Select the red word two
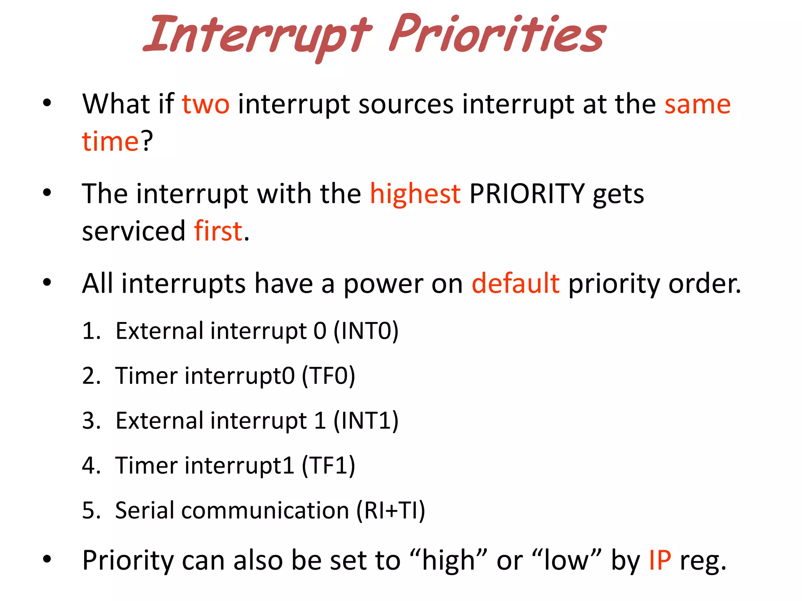coord(206,104)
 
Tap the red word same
coord(697,104)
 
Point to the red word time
coord(110,141)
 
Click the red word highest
coord(415,194)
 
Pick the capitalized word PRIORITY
coord(527,194)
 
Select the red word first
coord(218,231)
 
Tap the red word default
coord(515,284)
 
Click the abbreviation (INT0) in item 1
coord(366,331)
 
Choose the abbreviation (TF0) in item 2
coord(328,376)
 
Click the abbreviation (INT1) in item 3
coord(366,421)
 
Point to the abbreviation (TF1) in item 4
coord(328,466)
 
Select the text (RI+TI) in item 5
coord(390,511)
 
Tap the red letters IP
coord(660,560)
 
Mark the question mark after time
coord(147,141)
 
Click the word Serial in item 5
coord(144,511)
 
